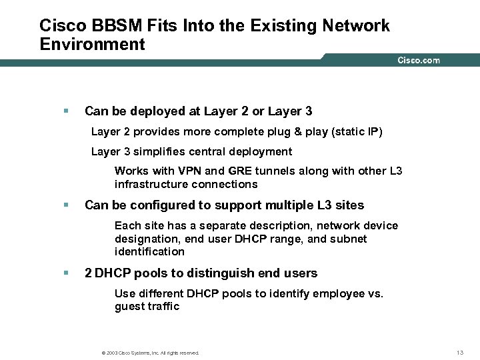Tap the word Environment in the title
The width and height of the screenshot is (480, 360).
point(92,45)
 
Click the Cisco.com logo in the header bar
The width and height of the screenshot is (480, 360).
point(419,60)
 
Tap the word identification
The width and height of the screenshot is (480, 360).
point(149,251)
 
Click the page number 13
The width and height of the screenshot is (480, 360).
point(459,352)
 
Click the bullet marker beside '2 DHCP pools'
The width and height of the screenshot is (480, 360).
point(65,273)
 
